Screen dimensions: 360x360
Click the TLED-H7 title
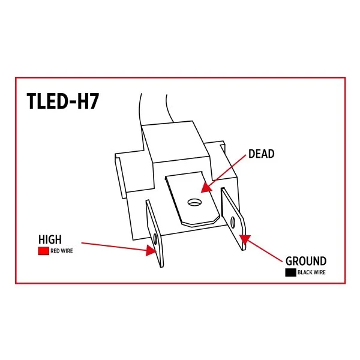click(62, 101)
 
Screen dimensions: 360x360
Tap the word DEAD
click(261, 154)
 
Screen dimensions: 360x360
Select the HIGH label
click(50, 239)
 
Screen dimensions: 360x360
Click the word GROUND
click(306, 261)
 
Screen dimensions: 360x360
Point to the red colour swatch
click(43, 251)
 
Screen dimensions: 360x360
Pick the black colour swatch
click(290, 272)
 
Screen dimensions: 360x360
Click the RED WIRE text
click(62, 251)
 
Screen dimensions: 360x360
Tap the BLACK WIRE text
click(311, 272)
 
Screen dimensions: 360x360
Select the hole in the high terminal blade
click(155, 239)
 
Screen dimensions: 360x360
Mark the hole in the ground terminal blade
click(233, 222)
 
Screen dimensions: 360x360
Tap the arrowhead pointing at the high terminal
click(151, 250)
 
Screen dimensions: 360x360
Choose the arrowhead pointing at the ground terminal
click(245, 239)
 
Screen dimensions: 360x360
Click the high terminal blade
click(155, 233)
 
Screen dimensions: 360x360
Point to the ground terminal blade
click(233, 219)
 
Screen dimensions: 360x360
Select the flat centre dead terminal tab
click(193, 199)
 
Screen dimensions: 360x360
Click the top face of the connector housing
click(176, 141)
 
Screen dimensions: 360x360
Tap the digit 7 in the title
click(94, 101)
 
